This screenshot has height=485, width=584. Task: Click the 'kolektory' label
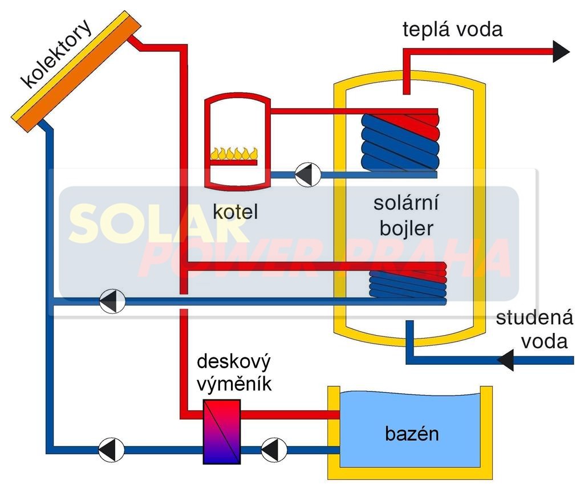[56, 55]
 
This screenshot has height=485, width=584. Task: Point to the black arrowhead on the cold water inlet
[506, 360]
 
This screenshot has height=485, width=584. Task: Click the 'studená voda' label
[534, 329]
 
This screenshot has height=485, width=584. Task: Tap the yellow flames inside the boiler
[234, 153]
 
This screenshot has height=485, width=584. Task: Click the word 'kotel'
[236, 212]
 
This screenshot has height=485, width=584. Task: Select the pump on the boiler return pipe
[307, 174]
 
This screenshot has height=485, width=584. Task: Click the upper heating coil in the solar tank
[401, 140]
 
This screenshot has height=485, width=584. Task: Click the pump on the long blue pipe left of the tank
[112, 300]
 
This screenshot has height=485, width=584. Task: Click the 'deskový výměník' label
[234, 373]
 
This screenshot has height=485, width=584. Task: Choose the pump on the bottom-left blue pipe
[110, 450]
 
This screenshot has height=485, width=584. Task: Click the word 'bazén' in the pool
[412, 434]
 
